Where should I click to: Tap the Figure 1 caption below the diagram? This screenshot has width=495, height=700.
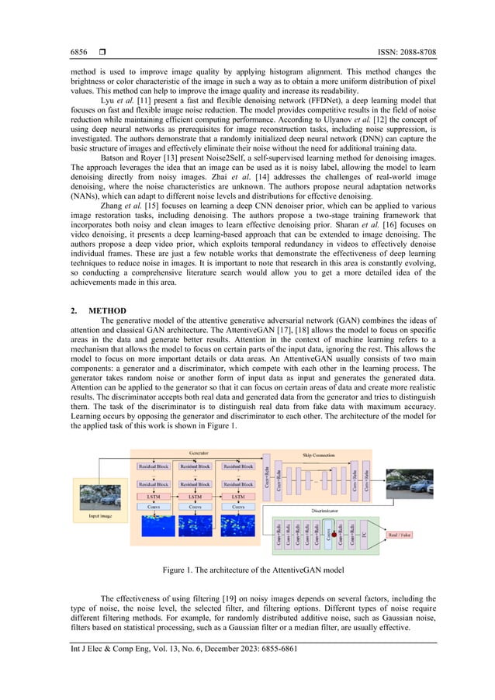(x=248, y=570)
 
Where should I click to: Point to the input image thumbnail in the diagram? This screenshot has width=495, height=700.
(x=103, y=495)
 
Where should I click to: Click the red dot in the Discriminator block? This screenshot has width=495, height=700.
(x=334, y=535)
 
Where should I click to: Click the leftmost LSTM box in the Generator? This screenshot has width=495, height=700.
(x=154, y=494)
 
